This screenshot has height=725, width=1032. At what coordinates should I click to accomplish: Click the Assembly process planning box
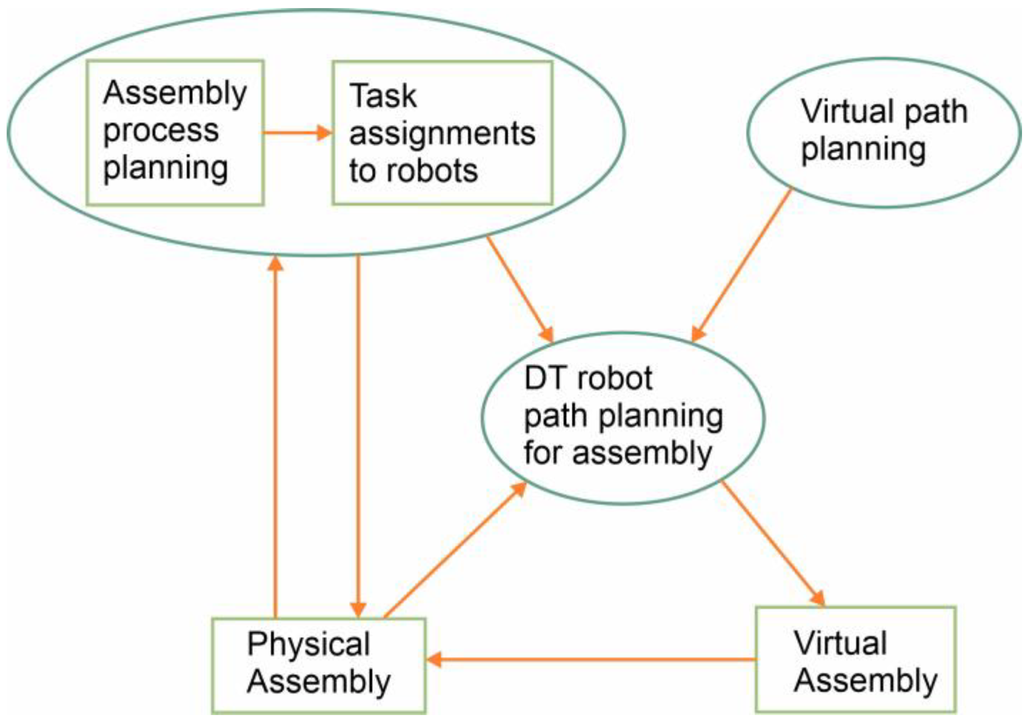click(175, 133)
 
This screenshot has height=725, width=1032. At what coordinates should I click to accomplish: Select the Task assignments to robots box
click(442, 133)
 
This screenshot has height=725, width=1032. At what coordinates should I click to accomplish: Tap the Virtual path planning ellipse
click(884, 133)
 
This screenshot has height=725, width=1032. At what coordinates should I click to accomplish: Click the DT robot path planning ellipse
click(623, 418)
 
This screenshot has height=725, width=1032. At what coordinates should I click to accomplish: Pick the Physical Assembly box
click(319, 665)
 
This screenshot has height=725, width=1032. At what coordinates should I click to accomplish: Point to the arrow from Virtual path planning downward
click(742, 265)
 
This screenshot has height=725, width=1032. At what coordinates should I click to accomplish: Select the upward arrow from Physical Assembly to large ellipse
click(275, 438)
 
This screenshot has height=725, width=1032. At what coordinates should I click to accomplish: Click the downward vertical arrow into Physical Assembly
click(358, 438)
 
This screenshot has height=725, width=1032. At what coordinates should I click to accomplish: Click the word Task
click(383, 96)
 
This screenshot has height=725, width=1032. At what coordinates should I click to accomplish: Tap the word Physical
click(309, 644)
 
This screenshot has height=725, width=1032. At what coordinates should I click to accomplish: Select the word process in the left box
click(161, 130)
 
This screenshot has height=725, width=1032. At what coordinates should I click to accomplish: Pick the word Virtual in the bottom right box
click(840, 643)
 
